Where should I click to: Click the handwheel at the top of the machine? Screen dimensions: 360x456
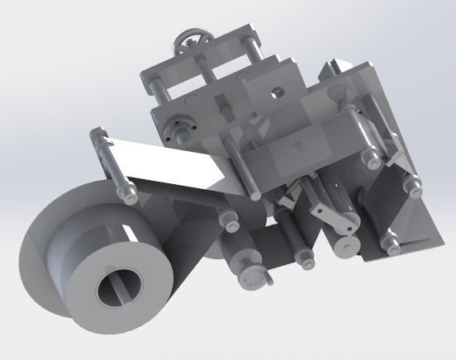(192, 42)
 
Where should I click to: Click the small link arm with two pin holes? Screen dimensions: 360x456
(335, 216)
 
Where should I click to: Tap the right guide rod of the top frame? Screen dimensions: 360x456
(254, 58)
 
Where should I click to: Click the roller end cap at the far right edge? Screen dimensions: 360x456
(409, 187)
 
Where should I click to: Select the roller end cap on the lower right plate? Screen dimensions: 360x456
(386, 241)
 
